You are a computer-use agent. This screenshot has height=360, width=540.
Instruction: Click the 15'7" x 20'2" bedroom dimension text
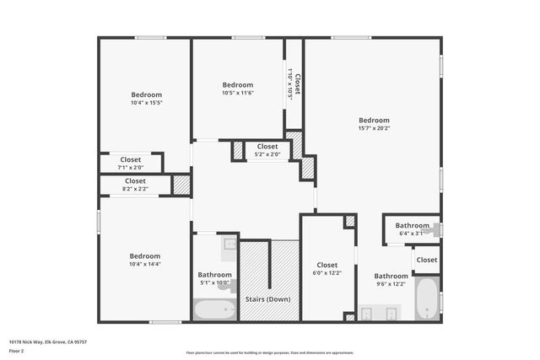pos(374,128)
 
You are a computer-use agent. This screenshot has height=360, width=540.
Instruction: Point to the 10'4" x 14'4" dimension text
pos(146,264)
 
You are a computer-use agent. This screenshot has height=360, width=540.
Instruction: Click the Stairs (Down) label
pos(267,299)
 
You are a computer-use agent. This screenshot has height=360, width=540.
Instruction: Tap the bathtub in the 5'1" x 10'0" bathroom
pos(214,310)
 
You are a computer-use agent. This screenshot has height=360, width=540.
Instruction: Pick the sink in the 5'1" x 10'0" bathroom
pos(229,244)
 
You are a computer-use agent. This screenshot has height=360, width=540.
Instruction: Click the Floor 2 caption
pos(17,350)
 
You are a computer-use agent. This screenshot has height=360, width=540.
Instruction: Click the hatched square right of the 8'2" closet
pos(181,185)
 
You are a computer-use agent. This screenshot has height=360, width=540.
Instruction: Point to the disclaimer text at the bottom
pos(269,352)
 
